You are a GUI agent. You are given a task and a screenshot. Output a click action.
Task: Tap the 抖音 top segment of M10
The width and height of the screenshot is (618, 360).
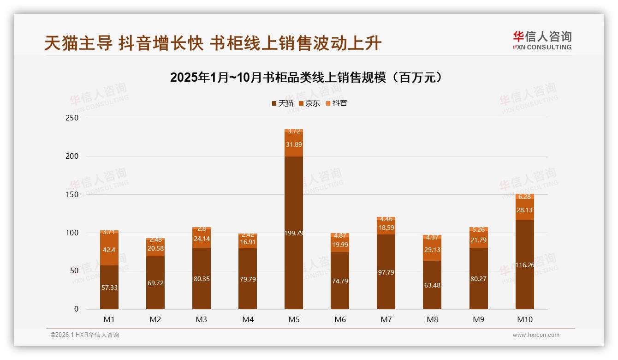pos(525,197)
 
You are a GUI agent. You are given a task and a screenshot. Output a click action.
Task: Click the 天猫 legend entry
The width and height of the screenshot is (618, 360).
pos(283,103)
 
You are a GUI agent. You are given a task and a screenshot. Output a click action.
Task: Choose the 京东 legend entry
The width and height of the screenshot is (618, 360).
pos(309,103)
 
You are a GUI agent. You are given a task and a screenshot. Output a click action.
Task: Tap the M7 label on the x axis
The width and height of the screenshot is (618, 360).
pos(386,319)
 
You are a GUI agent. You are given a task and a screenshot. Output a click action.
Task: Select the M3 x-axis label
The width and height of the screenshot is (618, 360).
pos(202,319)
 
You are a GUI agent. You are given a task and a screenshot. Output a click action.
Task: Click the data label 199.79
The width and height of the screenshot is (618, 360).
pos(294,233)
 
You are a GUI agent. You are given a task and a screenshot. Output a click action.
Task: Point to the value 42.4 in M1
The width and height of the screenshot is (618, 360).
pos(109,250)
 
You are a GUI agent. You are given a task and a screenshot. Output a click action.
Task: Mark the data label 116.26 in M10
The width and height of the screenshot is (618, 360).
pos(525,265)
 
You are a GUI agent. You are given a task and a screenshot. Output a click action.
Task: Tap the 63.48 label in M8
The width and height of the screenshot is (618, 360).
pos(432,285)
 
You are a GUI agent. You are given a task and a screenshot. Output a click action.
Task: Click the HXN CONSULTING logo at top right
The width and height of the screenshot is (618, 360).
pos(542,40)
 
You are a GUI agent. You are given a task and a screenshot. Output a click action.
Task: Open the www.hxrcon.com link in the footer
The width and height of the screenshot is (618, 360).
pos(536,335)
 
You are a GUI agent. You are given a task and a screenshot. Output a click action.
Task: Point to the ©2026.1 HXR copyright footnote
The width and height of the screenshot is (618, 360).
pos(85,335)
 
